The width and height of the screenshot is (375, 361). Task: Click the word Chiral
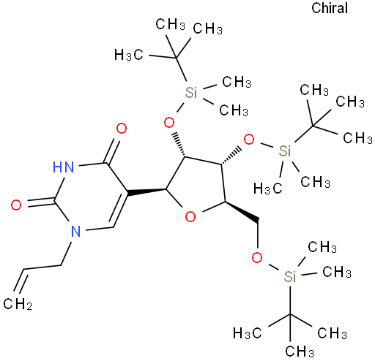(x=330, y=8)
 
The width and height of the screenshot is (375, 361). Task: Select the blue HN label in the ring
(x=63, y=167)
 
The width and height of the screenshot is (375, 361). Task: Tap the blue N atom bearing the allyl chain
(x=75, y=231)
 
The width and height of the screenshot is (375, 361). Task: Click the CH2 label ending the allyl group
(x=18, y=303)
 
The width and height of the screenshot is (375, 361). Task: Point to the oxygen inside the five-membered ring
(x=190, y=216)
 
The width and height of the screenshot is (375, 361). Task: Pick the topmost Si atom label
(x=190, y=92)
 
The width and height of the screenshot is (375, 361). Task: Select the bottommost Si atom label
(x=290, y=277)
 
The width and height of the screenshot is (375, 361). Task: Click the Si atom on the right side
(x=285, y=151)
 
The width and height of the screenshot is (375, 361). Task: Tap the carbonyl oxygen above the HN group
(x=122, y=129)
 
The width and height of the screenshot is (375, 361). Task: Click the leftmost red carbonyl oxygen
(x=16, y=205)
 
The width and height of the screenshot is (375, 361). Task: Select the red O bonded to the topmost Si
(x=169, y=122)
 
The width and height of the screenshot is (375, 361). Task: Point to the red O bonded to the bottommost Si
(x=257, y=257)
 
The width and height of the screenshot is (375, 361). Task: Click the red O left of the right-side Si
(x=249, y=140)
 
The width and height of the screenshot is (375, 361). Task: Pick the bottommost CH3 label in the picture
(x=300, y=351)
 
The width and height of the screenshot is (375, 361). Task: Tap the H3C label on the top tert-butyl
(x=128, y=55)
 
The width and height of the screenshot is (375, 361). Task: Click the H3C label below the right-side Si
(x=267, y=189)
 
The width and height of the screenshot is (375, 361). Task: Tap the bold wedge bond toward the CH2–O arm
(x=242, y=212)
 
